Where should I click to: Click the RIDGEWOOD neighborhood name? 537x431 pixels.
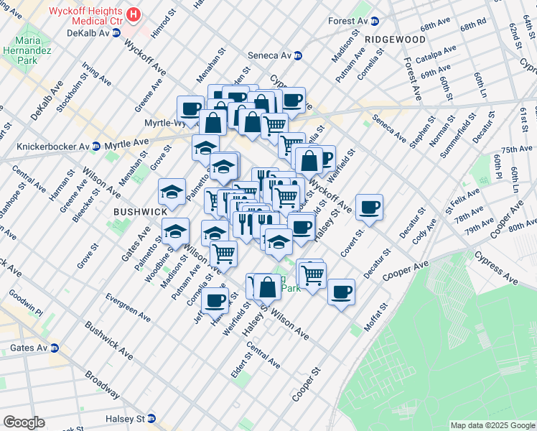pyautogui.click(x=394, y=39)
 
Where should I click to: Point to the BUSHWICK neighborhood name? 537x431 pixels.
pyautogui.click(x=139, y=213)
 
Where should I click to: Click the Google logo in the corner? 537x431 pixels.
pyautogui.click(x=24, y=422)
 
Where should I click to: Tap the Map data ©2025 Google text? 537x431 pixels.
pyautogui.click(x=492, y=425)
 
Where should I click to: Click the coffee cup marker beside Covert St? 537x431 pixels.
pyautogui.click(x=369, y=208)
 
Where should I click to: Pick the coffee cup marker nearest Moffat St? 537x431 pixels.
pyautogui.click(x=342, y=292)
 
